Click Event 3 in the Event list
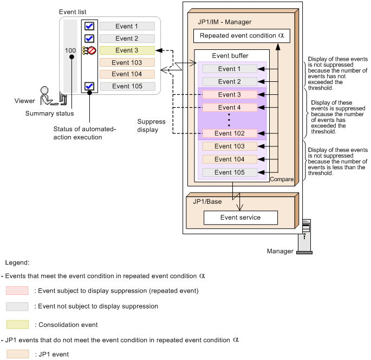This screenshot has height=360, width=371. coord(127,50)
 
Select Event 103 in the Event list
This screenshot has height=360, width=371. coord(127,62)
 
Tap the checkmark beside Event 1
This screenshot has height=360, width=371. coord(90,26)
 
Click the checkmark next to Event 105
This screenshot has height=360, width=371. coord(90,86)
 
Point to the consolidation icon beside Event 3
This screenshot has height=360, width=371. coord(89,51)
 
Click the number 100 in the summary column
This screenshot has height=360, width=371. coord(70,50)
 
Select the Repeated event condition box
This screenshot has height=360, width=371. coord(242,36)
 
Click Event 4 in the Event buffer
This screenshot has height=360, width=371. coord(230,107)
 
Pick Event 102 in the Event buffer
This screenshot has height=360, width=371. coord(230,133)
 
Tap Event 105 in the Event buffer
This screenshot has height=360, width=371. coord(230,172)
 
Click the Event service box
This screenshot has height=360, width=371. coord(240,217)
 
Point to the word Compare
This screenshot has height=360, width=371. coord(281,179)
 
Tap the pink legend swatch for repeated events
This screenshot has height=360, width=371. coord(17,291)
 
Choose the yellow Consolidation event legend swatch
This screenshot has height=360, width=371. coord(17,325)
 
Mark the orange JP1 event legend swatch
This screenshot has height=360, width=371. coord(17,354)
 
